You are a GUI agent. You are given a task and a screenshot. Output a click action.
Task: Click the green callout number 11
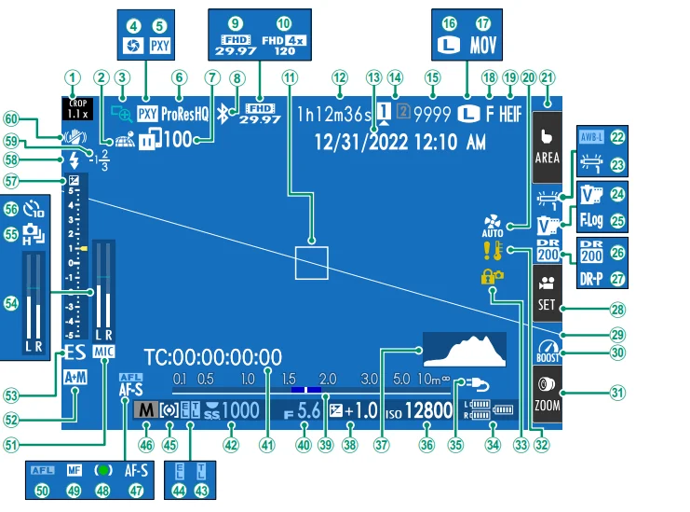[291, 77]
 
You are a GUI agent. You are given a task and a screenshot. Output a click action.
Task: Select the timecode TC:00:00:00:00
[213, 356]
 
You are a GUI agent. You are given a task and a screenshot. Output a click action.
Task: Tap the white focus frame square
[311, 262]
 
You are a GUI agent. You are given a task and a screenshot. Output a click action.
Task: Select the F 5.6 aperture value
[304, 409]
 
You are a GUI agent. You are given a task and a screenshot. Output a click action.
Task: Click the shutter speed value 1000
[239, 408]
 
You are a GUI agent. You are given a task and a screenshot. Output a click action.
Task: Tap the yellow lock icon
[490, 277]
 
